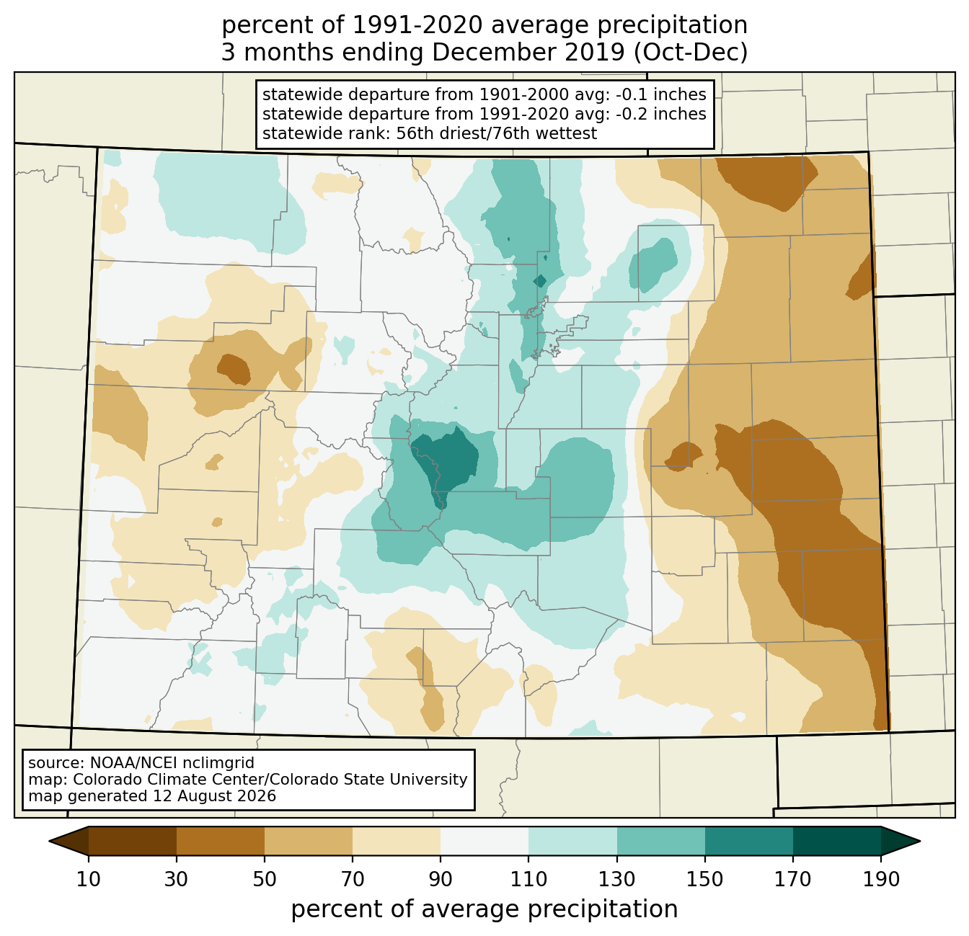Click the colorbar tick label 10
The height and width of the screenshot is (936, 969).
pos(89,879)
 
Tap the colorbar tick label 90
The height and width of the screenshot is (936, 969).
pos(441,879)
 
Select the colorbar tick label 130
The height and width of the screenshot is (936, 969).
pos(617,879)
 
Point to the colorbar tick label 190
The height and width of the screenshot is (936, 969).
pos(881,879)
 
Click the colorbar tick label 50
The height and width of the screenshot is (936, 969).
pos(265,879)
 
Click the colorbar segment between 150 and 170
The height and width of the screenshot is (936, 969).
pos(749,841)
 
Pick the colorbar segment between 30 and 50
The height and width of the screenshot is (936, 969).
pos(221,841)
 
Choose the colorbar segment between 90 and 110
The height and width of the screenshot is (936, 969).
pos(485,841)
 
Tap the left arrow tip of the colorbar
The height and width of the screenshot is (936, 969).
pos(49,841)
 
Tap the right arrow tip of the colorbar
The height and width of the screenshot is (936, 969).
pos(920,841)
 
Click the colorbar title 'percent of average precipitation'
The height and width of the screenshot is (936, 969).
pos(485,909)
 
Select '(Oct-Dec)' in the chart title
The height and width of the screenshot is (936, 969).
pos(691,53)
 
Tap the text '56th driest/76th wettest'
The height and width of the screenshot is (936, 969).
pos(497,133)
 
